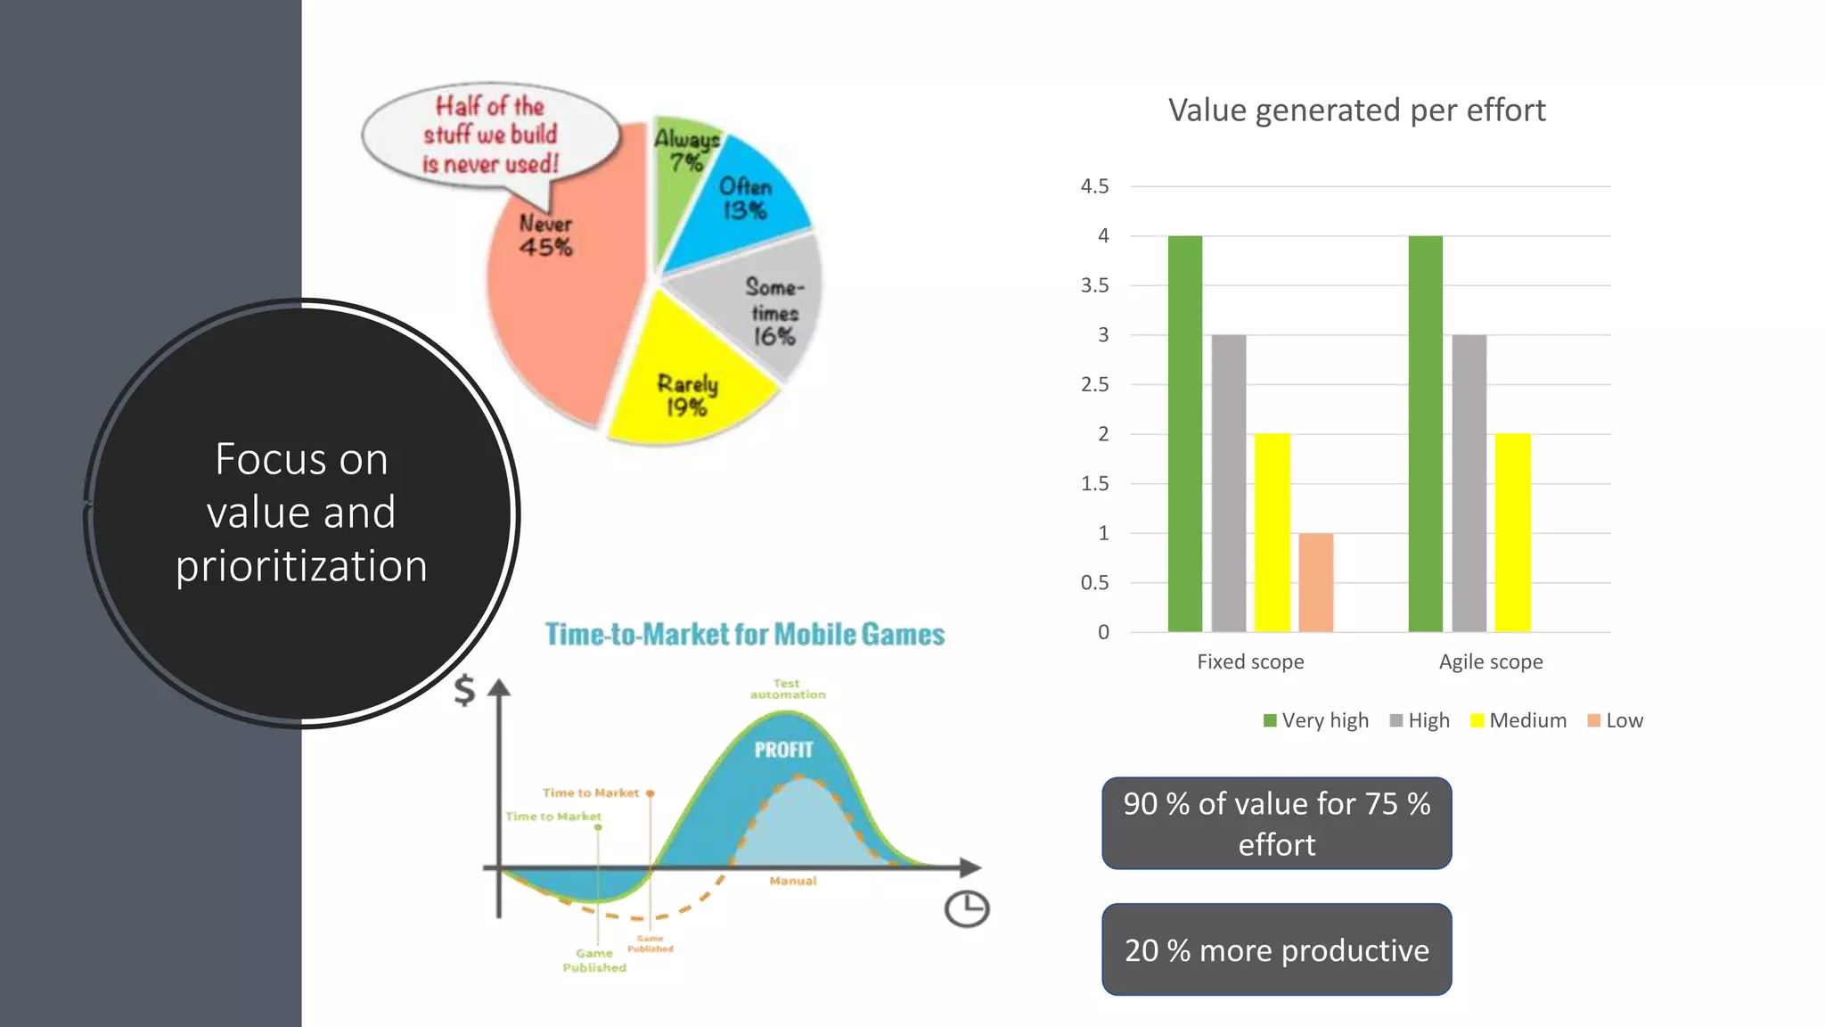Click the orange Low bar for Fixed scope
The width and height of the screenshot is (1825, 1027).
point(1315,582)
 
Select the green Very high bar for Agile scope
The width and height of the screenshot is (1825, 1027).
point(1425,433)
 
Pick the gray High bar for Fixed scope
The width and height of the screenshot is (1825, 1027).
point(1229,483)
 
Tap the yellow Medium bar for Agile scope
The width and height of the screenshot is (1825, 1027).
point(1512,532)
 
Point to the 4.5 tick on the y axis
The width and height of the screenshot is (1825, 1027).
point(1095,186)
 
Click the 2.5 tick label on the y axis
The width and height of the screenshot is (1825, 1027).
point(1095,384)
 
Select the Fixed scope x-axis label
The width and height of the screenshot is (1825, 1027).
point(1250,661)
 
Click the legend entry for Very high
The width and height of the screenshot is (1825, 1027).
point(1316,720)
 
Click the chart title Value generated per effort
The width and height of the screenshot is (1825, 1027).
point(1356,111)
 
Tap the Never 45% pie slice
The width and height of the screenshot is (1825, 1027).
point(561,303)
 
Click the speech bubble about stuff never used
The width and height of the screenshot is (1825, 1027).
point(490,135)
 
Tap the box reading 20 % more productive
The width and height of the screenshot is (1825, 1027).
point(1276,949)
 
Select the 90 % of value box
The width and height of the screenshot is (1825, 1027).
point(1276,823)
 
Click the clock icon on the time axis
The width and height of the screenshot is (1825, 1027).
point(966,909)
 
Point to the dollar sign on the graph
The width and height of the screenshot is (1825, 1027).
point(464,690)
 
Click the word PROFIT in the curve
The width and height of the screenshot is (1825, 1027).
point(783,750)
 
